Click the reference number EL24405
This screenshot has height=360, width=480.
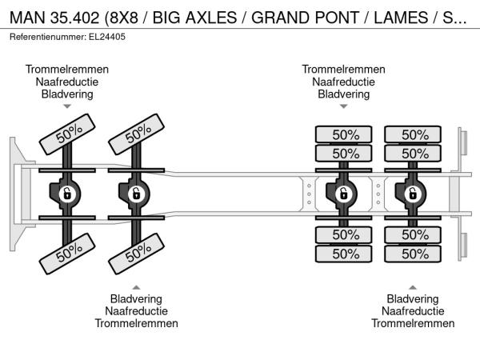tap(107, 37)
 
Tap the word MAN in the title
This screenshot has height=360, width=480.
tap(27, 18)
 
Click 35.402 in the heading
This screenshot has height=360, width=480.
tap(74, 18)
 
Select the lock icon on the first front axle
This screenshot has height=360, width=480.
tap(66, 194)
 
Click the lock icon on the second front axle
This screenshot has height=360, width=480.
tap(136, 194)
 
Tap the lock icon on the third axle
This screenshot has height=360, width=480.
tap(343, 194)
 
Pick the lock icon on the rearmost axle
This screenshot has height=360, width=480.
tap(413, 194)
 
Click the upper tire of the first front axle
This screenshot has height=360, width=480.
tap(67, 134)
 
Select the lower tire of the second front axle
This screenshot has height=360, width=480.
tap(137, 254)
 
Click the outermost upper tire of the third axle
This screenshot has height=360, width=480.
tap(343, 134)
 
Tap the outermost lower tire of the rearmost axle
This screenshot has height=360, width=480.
tap(413, 254)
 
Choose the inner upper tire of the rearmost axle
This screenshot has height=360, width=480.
tap(413, 154)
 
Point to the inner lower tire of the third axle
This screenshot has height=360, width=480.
tap(343, 234)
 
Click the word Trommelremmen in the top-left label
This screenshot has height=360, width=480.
tap(67, 70)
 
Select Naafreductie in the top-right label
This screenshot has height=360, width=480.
tap(343, 82)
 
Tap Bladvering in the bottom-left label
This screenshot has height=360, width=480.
tap(136, 298)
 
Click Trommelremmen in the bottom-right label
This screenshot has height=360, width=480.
tap(413, 323)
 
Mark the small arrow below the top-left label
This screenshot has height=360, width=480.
tap(67, 106)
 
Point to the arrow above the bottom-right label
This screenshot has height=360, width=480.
tap(413, 287)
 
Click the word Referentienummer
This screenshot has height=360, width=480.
tap(48, 37)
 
